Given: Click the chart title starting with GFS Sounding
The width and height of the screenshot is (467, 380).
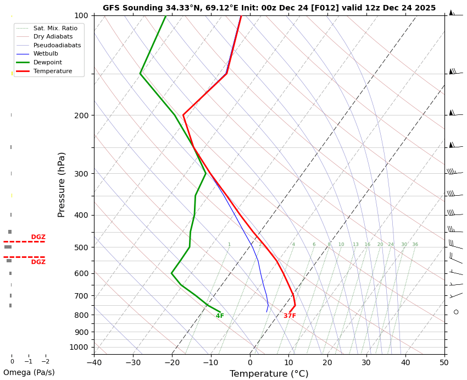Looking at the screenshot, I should [x=269, y=8].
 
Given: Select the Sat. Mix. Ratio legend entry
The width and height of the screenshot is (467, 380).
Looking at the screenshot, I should [x=55, y=28].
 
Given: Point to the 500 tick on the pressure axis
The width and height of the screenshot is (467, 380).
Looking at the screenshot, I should [x=81, y=248].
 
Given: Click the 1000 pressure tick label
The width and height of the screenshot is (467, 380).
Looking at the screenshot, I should [x=79, y=347].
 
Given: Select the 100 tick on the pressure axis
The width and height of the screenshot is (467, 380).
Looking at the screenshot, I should [x=81, y=15].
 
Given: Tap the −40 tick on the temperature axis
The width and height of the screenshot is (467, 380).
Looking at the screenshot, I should [x=94, y=362].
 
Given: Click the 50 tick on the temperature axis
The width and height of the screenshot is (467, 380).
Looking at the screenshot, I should [x=444, y=362].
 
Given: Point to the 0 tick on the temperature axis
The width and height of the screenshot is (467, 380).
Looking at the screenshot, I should [x=250, y=362].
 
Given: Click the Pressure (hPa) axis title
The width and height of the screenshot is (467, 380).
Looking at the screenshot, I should [x=62, y=184].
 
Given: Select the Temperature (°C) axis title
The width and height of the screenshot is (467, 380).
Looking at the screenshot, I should [x=269, y=374].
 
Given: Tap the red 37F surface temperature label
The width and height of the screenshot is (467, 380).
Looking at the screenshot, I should [x=290, y=316].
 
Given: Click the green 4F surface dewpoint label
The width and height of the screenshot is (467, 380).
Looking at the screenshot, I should [x=220, y=316].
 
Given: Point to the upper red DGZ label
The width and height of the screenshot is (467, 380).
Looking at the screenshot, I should [x=38, y=237].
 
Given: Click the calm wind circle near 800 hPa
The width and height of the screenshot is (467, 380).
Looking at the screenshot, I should [x=456, y=312].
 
